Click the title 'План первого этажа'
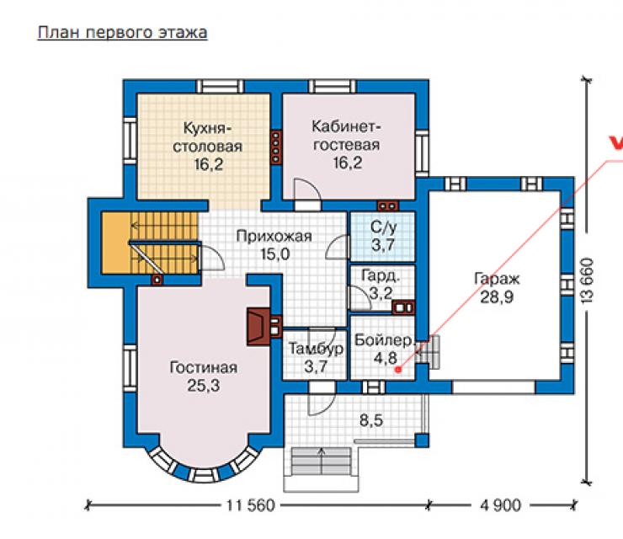(x=122, y=33)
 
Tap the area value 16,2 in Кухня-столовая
(x=208, y=164)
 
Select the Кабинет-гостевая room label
(x=347, y=136)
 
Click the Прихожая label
(x=274, y=237)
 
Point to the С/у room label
(x=383, y=227)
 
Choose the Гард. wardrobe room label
(x=381, y=276)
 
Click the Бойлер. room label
(x=385, y=340)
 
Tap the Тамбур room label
(x=317, y=349)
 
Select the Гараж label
(x=497, y=279)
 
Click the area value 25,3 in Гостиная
(x=204, y=386)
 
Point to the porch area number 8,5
(x=371, y=420)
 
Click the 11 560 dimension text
(x=250, y=505)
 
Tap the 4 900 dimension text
(x=500, y=505)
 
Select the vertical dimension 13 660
(x=588, y=281)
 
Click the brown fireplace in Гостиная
(x=259, y=327)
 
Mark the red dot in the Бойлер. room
(x=398, y=370)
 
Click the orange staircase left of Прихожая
(x=150, y=243)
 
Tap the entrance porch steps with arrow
(x=322, y=462)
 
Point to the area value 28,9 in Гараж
(x=497, y=297)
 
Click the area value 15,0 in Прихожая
(x=275, y=254)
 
